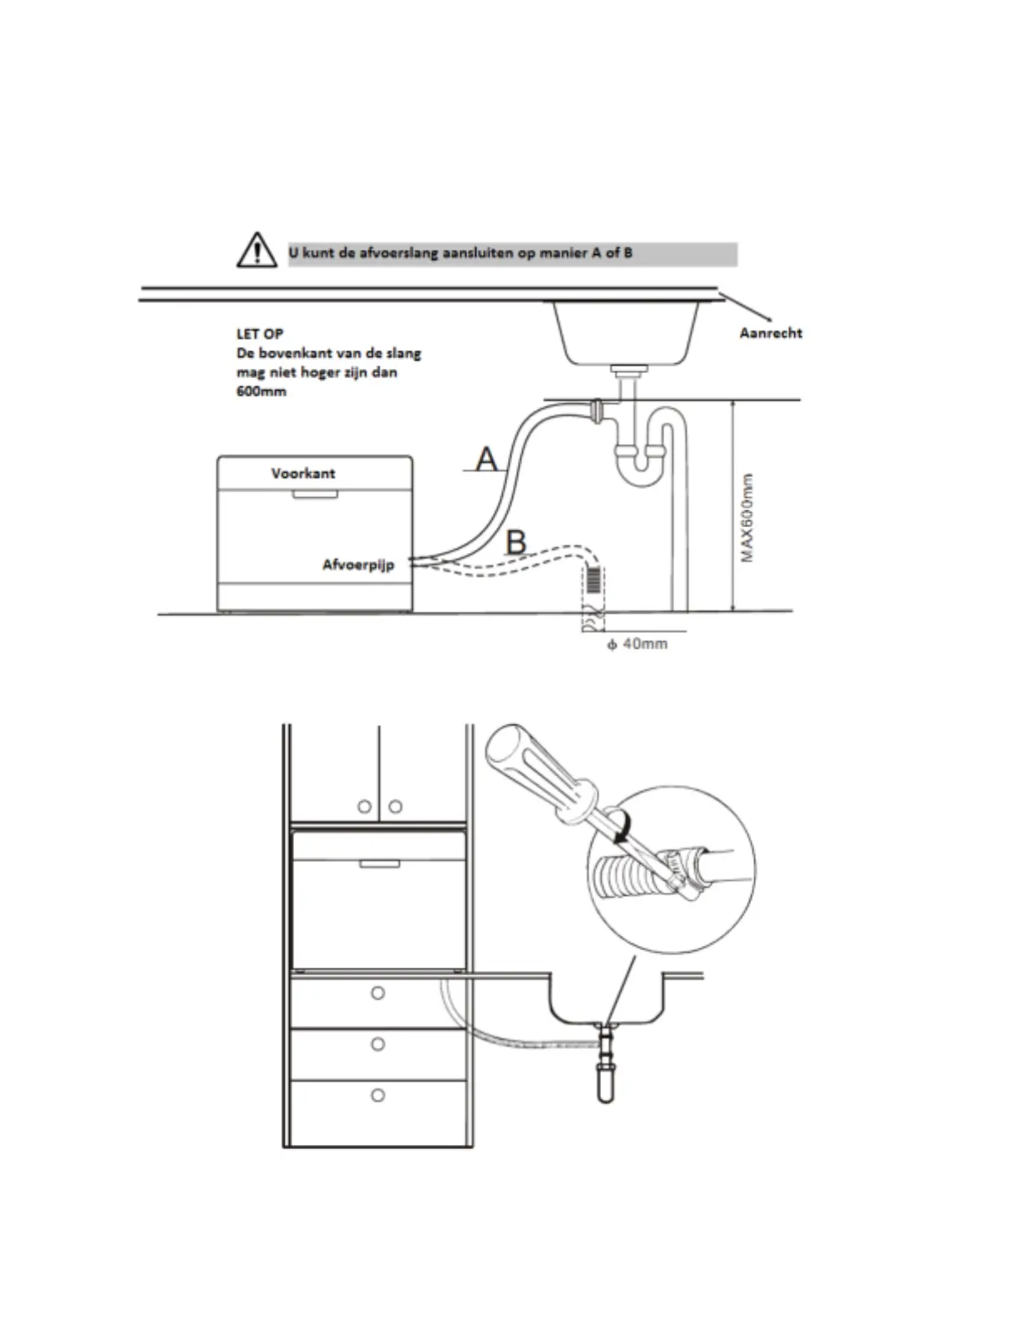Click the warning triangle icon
pos(257,250)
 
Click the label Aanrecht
pos(770,333)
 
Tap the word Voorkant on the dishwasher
pos(303,473)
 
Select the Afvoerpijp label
pos(358,565)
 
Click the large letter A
pos(486,458)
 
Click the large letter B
pos(516,542)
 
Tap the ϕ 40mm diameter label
pos(637,644)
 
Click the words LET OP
pos(260,334)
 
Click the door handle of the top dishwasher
pos(314,494)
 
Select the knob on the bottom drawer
pos(378,1095)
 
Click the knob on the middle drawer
pos(378,1044)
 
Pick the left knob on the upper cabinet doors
pos(364,806)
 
